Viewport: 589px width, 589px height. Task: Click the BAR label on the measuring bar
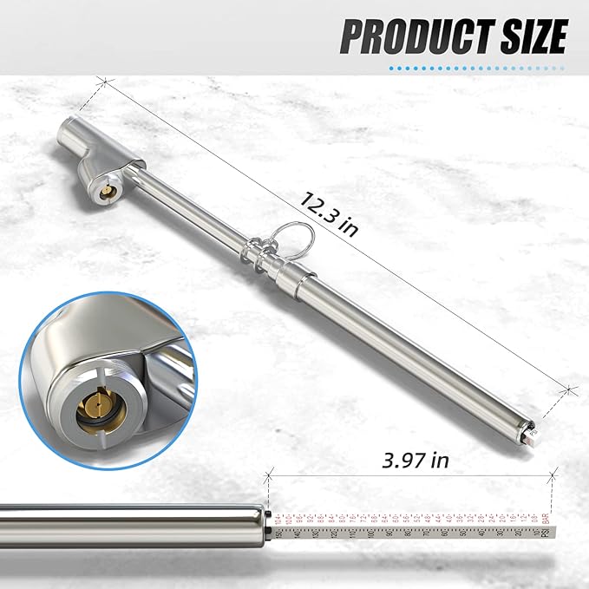tap(545, 520)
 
